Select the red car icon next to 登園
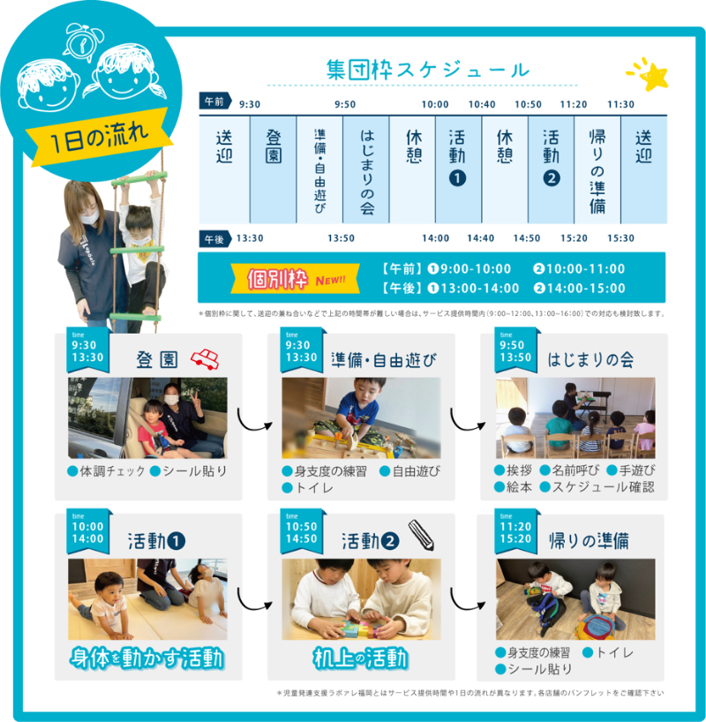(x=205, y=359)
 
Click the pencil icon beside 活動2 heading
(x=421, y=535)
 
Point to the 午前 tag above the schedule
(x=215, y=102)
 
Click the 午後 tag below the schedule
(x=215, y=239)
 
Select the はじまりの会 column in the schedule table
(x=366, y=170)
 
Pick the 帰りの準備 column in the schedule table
(x=597, y=170)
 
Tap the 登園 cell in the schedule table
(x=273, y=170)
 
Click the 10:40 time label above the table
(x=482, y=104)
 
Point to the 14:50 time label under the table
(x=527, y=238)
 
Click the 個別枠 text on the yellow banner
(x=277, y=279)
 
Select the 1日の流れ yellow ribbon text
(x=99, y=137)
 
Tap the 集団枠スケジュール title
(x=428, y=71)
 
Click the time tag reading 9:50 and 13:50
(x=515, y=351)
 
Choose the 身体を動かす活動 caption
(x=147, y=658)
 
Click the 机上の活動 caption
(x=361, y=658)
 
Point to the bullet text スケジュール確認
(x=604, y=487)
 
